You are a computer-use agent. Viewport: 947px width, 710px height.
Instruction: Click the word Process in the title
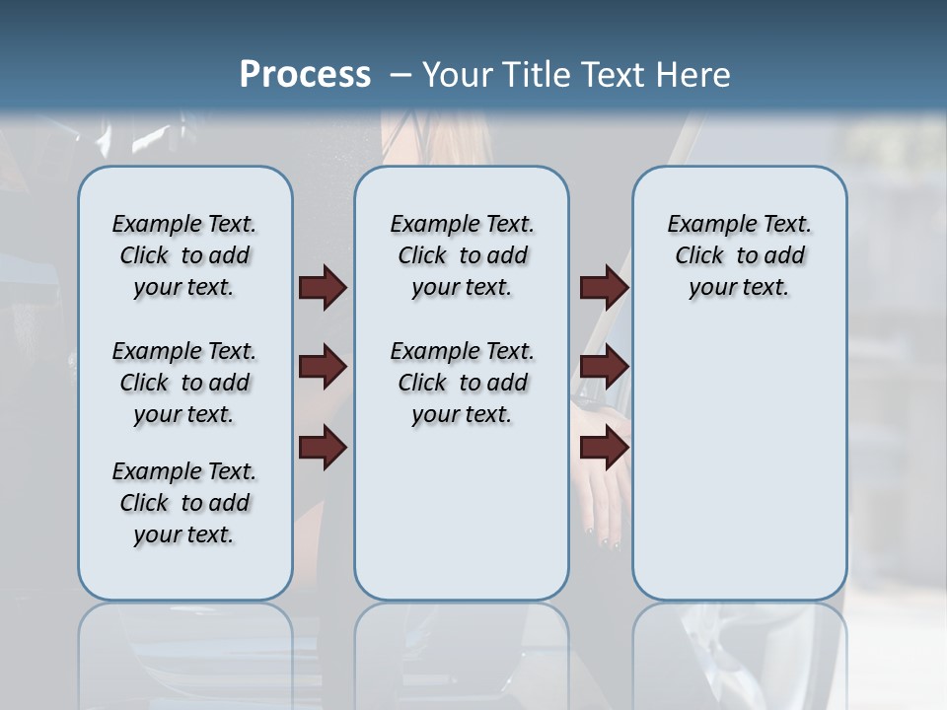click(305, 75)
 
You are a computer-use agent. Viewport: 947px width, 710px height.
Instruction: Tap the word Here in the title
click(695, 75)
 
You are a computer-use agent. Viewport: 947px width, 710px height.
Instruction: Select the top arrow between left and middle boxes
click(323, 288)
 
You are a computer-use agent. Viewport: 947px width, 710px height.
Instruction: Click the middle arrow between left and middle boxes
click(323, 368)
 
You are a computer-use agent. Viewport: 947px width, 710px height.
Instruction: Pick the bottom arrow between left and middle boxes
click(323, 448)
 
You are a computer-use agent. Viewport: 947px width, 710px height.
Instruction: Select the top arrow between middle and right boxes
click(604, 288)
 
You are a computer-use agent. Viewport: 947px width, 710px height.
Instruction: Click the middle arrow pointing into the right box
click(604, 368)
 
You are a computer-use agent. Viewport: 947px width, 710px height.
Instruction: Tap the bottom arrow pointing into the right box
click(604, 448)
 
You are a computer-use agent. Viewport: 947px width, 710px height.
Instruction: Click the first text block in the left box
click(184, 255)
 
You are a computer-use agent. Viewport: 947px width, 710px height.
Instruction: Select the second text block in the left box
click(184, 383)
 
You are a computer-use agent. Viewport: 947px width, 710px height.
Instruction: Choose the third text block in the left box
click(184, 503)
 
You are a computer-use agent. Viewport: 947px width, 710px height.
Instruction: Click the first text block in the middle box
click(462, 255)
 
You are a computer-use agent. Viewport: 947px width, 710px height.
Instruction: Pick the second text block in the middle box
click(462, 383)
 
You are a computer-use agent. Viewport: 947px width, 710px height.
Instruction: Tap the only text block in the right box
click(739, 255)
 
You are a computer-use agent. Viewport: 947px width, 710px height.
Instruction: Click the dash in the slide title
click(401, 75)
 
